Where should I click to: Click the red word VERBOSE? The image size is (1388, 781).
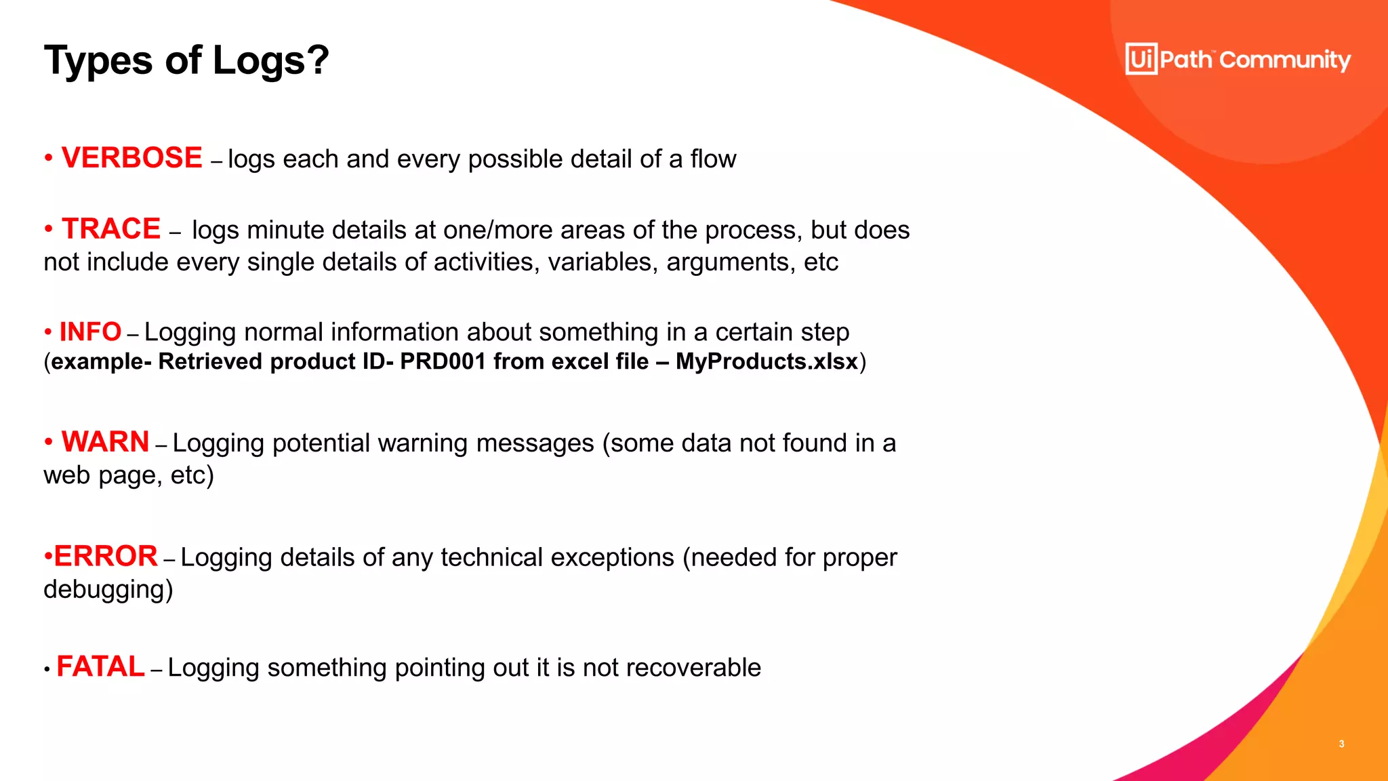[131, 158]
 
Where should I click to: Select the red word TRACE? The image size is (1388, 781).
[111, 229]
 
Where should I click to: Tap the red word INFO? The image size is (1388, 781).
[90, 332]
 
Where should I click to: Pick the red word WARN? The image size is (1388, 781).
[105, 442]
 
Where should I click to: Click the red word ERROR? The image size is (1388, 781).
[105, 557]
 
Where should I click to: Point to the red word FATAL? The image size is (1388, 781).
[100, 667]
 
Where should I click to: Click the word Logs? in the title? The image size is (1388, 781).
[270, 60]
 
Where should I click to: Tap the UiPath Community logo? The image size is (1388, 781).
[1238, 59]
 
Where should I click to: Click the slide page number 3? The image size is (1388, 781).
[1341, 744]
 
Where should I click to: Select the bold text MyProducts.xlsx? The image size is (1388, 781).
[767, 362]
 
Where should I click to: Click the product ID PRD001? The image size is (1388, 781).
[443, 362]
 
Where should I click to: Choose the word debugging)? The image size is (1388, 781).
[108, 590]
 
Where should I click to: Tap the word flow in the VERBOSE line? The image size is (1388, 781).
[713, 159]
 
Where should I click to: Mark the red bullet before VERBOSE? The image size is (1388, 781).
[48, 159]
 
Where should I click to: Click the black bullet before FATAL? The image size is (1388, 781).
[47, 670]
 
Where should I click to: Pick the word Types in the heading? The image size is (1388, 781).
[98, 60]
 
